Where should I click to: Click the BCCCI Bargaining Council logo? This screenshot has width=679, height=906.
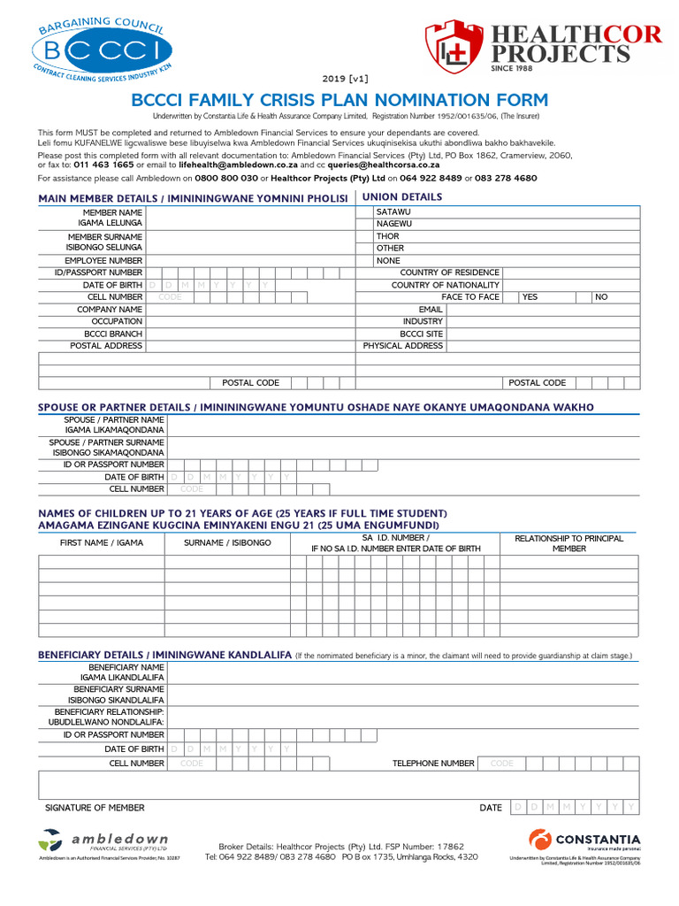[x=105, y=50]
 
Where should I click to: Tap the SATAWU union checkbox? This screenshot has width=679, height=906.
[x=364, y=212]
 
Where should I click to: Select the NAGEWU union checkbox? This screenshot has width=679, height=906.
[x=364, y=225]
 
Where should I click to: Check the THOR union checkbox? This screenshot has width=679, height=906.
[x=364, y=237]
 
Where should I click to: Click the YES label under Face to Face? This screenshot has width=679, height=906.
[x=530, y=297]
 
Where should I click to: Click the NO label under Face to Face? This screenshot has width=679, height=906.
[x=601, y=297]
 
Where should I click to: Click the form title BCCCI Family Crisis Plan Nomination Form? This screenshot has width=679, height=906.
[x=339, y=100]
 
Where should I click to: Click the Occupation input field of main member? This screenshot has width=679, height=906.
[x=250, y=322]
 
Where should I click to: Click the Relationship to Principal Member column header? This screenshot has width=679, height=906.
[x=568, y=543]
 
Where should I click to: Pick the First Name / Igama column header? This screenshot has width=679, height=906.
[x=101, y=543]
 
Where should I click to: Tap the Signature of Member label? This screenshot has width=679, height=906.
[x=95, y=808]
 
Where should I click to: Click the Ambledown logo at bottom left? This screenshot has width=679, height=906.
[x=104, y=841]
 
